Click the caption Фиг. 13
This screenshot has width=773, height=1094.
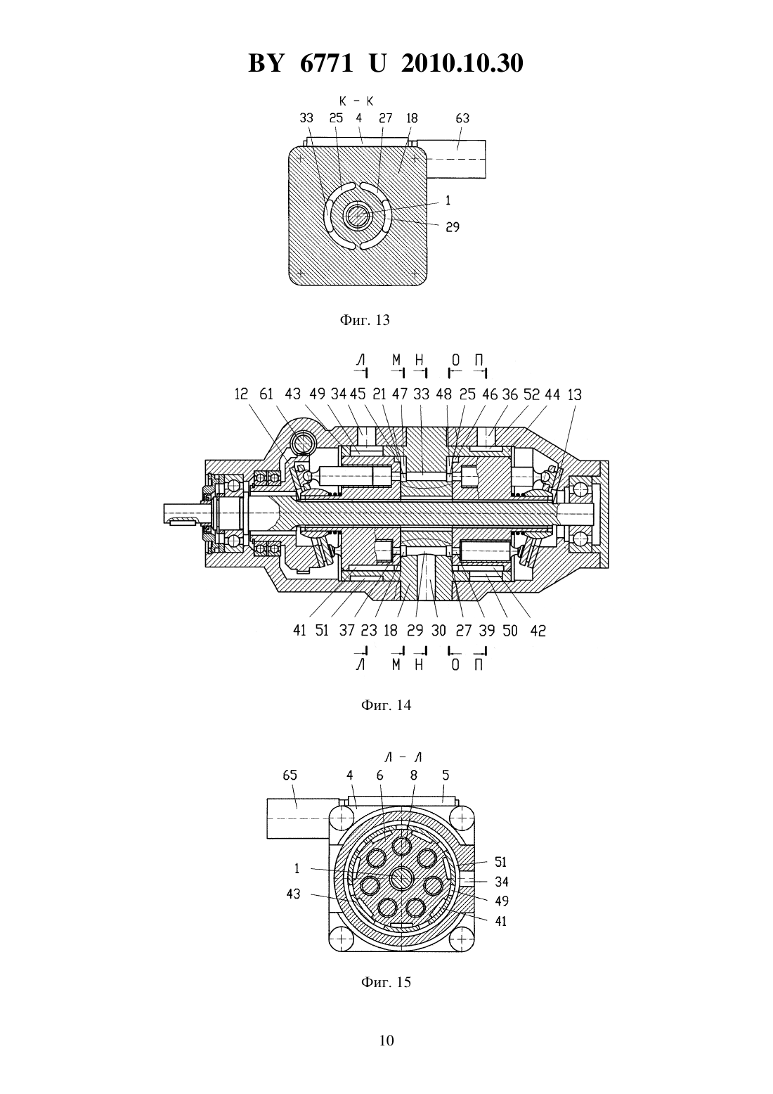365,320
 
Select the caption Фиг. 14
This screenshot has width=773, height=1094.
386,705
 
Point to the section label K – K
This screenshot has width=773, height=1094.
356,101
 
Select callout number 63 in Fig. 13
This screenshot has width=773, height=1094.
462,118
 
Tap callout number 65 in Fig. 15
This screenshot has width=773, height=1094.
290,775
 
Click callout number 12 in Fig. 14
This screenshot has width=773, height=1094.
241,394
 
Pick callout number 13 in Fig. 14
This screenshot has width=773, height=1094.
575,394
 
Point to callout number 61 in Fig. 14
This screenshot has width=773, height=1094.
266,394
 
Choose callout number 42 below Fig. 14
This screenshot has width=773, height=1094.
538,631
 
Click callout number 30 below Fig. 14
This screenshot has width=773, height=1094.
439,631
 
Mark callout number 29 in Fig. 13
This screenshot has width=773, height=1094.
453,227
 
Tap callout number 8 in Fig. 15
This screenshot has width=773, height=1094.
414,775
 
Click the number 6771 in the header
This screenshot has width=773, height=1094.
326,63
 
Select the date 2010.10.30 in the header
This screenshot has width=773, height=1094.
462,63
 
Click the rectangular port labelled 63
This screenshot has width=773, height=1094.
457,159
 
